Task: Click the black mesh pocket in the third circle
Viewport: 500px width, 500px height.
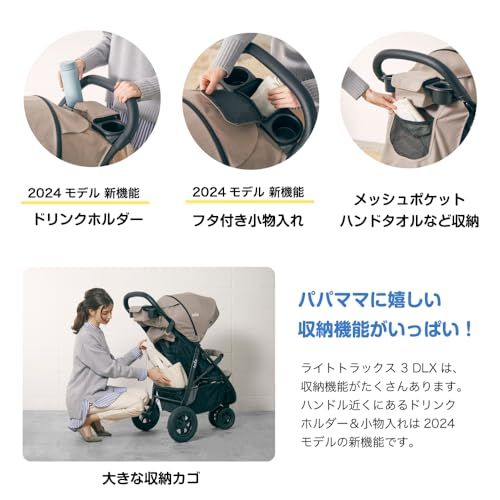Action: (x=409, y=134)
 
